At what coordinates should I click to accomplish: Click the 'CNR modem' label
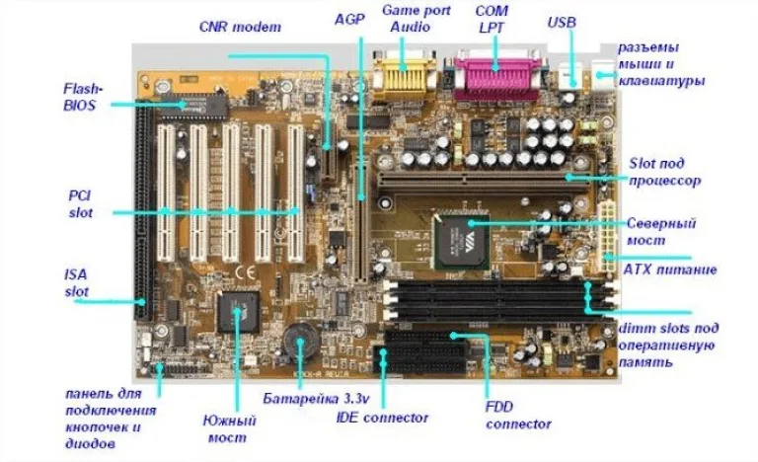click(x=240, y=26)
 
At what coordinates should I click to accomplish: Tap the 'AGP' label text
click(x=349, y=20)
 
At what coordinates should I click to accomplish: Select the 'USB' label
click(x=562, y=23)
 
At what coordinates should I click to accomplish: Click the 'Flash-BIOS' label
click(x=83, y=97)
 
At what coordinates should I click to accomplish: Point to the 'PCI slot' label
click(x=80, y=204)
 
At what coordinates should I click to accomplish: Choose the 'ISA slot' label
click(x=76, y=283)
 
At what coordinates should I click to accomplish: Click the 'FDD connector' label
click(x=518, y=415)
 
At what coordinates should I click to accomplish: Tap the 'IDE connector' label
click(x=382, y=418)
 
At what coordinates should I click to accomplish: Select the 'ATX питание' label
click(x=669, y=269)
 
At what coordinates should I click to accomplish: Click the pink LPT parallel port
click(x=496, y=77)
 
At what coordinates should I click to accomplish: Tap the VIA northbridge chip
click(x=461, y=241)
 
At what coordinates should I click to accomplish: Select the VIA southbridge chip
click(x=238, y=312)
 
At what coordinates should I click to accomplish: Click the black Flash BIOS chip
click(x=192, y=106)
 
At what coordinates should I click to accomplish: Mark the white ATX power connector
click(x=606, y=237)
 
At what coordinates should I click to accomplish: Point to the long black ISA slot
click(x=144, y=210)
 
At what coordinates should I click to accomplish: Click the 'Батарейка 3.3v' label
click(x=316, y=399)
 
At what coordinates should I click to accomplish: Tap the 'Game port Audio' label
click(x=417, y=19)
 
